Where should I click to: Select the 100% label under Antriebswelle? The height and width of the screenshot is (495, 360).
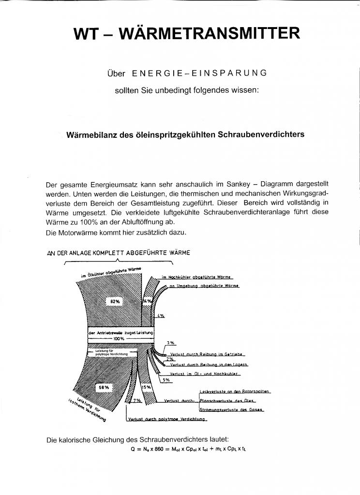[120, 339]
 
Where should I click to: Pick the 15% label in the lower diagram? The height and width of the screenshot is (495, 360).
[146, 387]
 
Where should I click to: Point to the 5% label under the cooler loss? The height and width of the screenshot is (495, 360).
[166, 380]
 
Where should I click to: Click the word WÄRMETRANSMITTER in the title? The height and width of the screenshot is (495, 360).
[209, 33]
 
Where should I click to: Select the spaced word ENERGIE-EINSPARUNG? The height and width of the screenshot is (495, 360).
[199, 73]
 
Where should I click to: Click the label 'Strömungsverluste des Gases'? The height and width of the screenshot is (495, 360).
[231, 409]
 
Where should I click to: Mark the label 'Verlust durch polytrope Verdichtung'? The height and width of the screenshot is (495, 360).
[167, 420]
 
